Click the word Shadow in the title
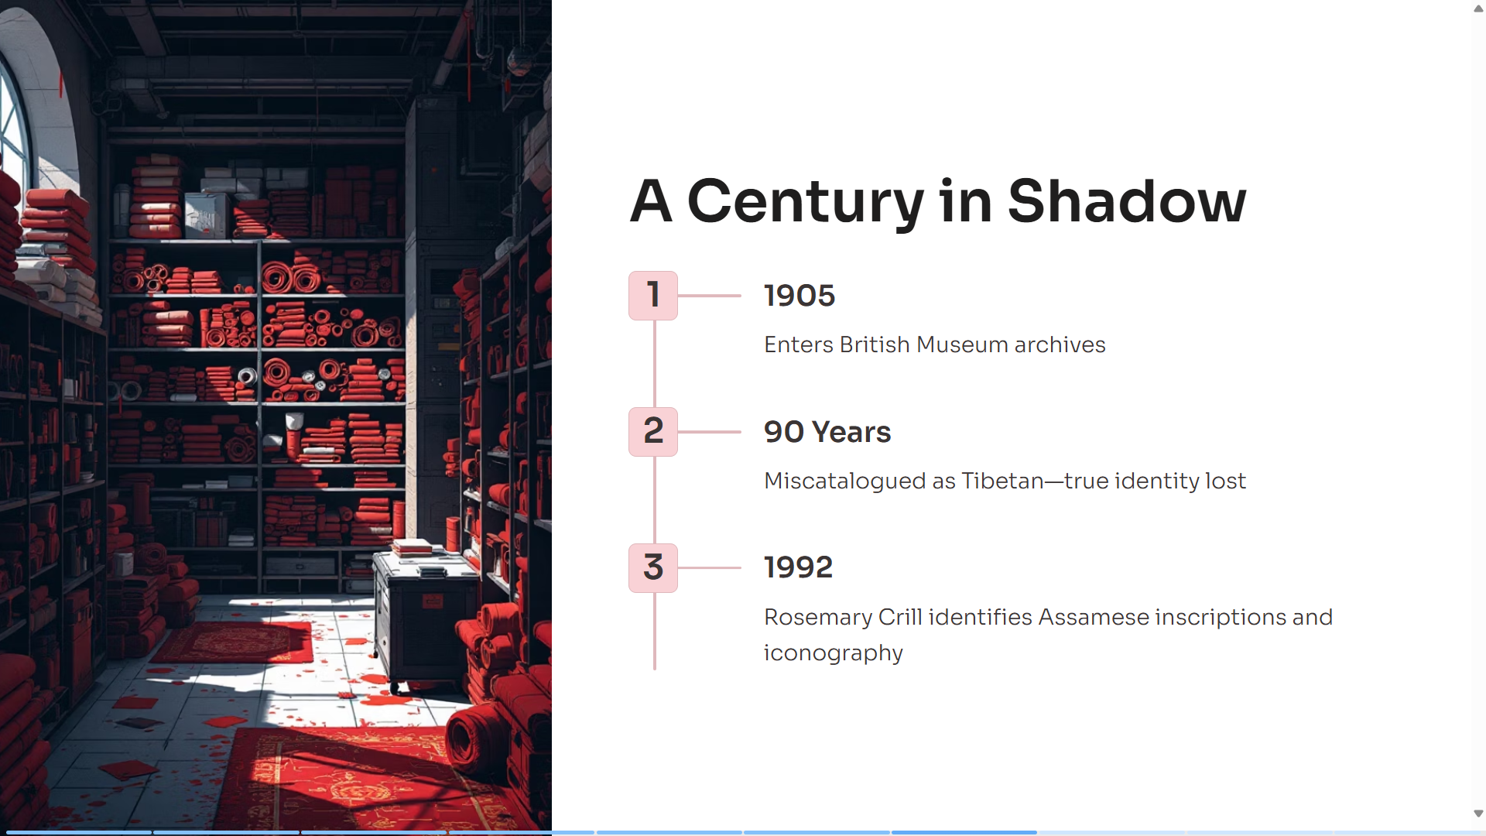pyautogui.click(x=1127, y=200)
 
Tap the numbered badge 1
pyautogui.click(x=653, y=296)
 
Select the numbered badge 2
pyautogui.click(x=653, y=432)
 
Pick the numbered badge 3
pyautogui.click(x=653, y=568)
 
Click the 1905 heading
pyautogui.click(x=799, y=296)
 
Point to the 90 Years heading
pyautogui.click(x=827, y=432)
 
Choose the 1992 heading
pyautogui.click(x=798, y=567)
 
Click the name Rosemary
pyautogui.click(x=818, y=618)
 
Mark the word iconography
pyautogui.click(x=834, y=653)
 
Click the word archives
pyautogui.click(x=1060, y=344)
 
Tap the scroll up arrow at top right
pyautogui.click(x=1478, y=9)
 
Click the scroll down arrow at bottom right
pyautogui.click(x=1478, y=814)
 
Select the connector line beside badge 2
pyautogui.click(x=710, y=432)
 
